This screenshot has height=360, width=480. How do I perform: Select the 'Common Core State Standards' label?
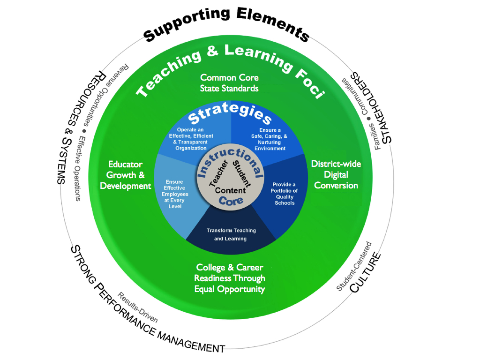click(229, 82)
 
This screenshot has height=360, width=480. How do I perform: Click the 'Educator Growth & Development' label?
click(126, 175)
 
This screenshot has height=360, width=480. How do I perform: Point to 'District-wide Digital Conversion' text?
click(336, 174)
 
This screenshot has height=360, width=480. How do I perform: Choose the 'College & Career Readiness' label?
click(230, 278)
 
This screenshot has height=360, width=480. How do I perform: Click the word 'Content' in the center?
click(230, 190)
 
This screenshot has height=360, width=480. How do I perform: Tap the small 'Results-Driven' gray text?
click(138, 307)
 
